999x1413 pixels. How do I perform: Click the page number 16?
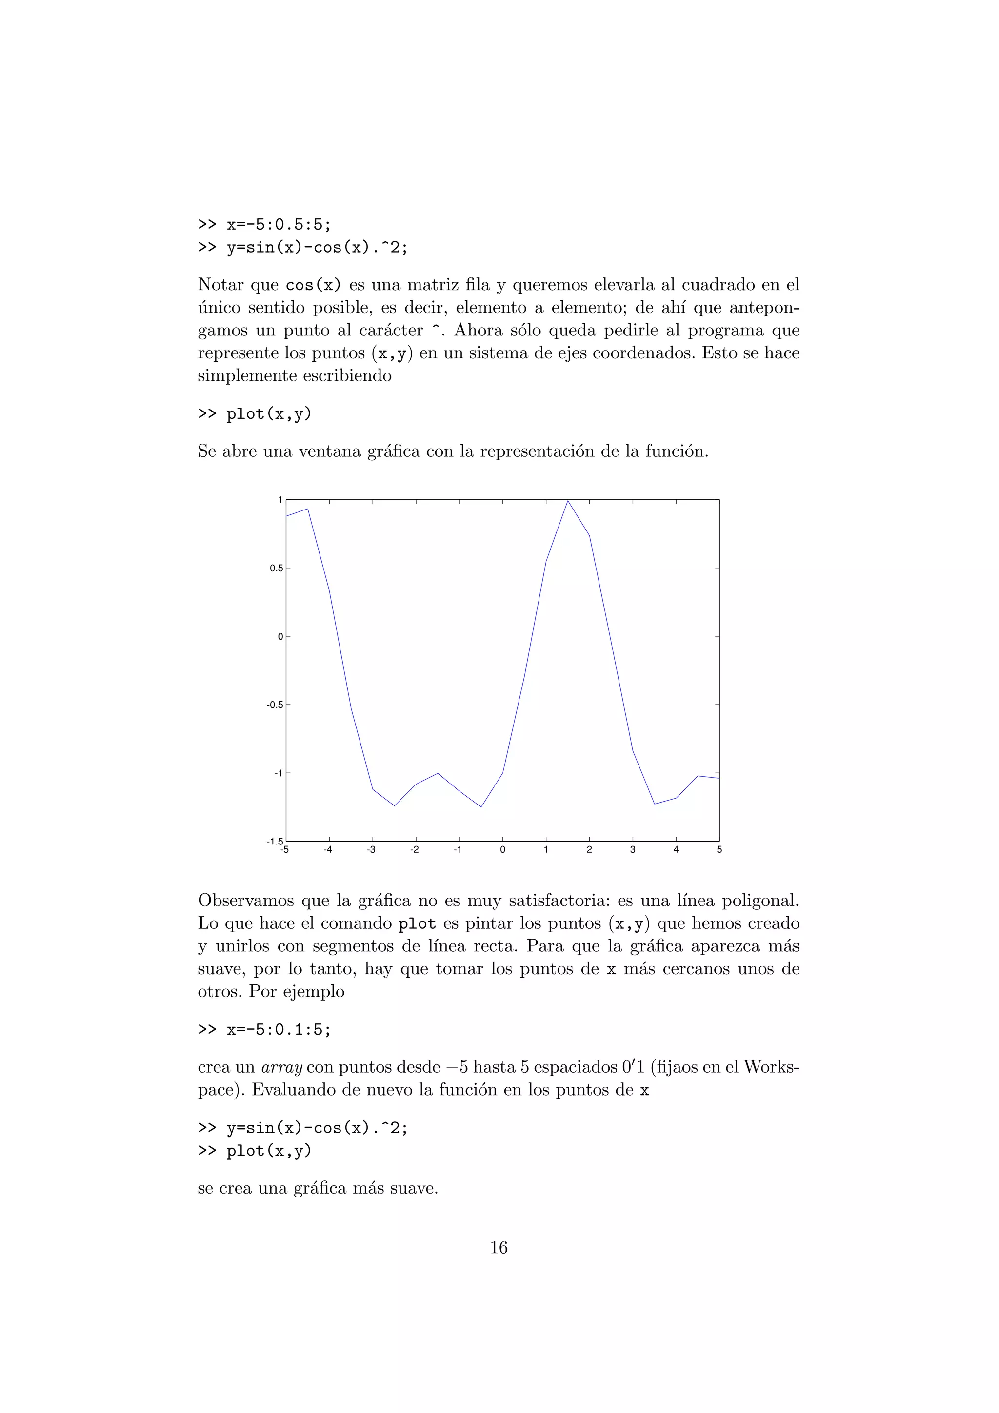coord(499,1247)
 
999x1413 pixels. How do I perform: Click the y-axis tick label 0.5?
coord(277,569)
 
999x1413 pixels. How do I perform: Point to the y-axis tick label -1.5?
coord(275,841)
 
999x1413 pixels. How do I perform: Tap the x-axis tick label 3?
coord(633,850)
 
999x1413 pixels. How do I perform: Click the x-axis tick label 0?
coord(503,850)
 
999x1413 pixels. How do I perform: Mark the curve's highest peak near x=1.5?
coord(567,501)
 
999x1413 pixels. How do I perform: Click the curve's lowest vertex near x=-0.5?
coord(481,806)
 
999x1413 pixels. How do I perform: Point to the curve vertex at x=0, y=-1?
coord(503,773)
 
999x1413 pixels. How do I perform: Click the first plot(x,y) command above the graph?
coord(269,414)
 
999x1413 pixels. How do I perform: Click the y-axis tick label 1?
coord(280,500)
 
